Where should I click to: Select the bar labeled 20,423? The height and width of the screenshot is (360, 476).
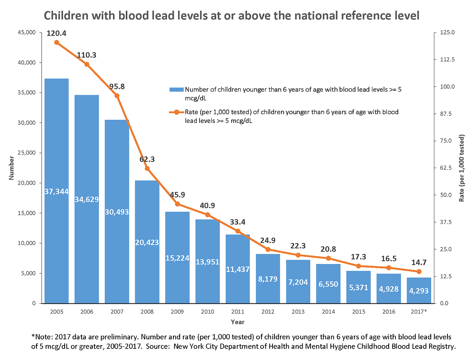point(147,242)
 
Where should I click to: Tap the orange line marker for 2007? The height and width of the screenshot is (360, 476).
point(117,96)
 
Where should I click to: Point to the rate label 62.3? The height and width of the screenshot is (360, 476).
point(147,159)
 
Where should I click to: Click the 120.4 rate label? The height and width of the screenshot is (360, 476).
point(56,33)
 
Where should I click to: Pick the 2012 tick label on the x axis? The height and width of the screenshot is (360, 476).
point(268,312)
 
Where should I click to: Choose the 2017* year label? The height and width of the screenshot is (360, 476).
point(418,312)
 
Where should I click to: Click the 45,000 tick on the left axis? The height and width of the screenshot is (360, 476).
point(27,33)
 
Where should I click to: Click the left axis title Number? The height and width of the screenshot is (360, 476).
point(12,168)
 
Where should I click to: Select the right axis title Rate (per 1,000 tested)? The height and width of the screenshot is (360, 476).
point(462,168)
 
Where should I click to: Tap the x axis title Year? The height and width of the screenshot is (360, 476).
point(238,322)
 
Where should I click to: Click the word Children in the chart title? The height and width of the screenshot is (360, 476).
point(65,16)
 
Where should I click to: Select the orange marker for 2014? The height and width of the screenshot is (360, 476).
point(328,258)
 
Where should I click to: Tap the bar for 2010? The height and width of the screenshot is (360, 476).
point(207,262)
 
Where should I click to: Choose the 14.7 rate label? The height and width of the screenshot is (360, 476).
point(418,262)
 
